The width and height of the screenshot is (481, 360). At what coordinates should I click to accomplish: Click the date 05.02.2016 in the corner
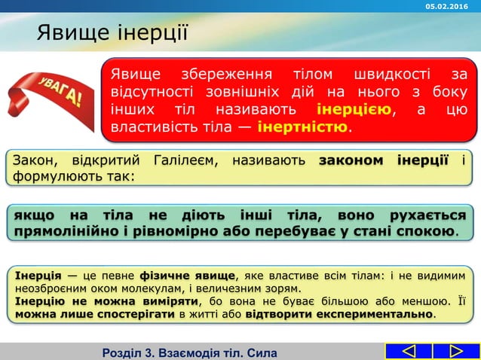449,6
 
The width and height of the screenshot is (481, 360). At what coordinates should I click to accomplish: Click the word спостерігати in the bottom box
113,313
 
